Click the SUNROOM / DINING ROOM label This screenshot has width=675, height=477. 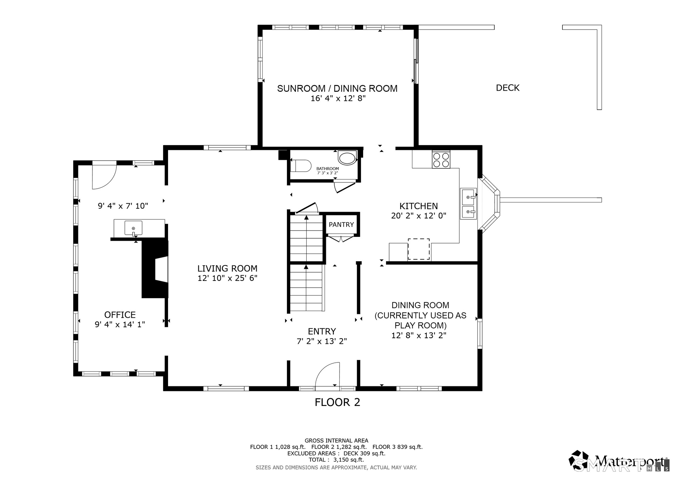coord(337,89)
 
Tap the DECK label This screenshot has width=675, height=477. coord(508,88)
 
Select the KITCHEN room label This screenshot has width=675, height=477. coord(419,206)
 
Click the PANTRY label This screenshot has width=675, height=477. coord(341,225)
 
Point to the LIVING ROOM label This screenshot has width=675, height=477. coord(227,269)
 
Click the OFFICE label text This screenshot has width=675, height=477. coord(120,315)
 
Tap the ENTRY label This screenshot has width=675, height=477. coord(322,331)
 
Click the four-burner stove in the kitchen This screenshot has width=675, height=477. coord(441,160)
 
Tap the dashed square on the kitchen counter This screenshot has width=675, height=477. coord(419,249)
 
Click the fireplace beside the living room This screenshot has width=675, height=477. coord(155,269)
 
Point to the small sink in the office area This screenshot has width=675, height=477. coord(133,228)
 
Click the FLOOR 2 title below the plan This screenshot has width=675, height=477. coord(337,402)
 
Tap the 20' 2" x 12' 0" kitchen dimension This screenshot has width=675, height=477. coord(419,216)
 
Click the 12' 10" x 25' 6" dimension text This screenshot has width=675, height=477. coord(227,278)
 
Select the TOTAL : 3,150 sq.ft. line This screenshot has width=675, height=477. coord(336,460)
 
